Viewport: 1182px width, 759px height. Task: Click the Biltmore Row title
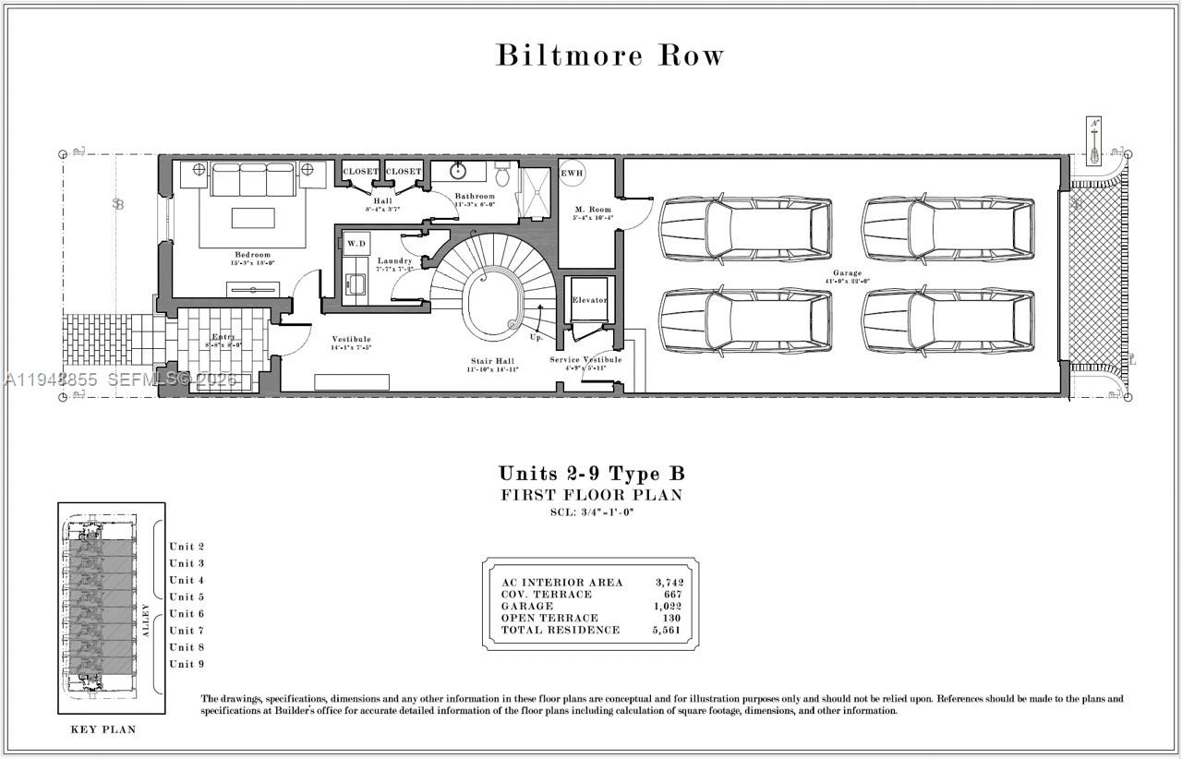point(609,55)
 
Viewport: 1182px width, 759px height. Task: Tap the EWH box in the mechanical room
point(572,173)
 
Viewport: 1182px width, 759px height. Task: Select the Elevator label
point(589,301)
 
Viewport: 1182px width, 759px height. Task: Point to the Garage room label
point(847,273)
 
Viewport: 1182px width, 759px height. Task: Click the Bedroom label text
point(252,255)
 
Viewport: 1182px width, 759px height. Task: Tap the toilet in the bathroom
point(502,173)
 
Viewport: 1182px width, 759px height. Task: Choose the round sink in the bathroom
point(457,171)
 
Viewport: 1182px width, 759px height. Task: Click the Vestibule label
point(351,340)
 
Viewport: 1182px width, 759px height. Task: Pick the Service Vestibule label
point(585,359)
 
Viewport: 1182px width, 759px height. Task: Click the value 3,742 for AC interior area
point(669,582)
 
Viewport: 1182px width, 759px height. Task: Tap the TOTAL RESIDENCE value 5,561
point(669,630)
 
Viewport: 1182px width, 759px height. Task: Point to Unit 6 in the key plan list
point(187,614)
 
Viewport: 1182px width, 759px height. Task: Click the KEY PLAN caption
point(103,729)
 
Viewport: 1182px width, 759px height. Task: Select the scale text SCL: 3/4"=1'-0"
point(592,512)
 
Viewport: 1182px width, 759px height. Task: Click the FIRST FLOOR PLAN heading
point(592,495)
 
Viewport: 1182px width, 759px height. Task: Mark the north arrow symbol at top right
point(1095,139)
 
